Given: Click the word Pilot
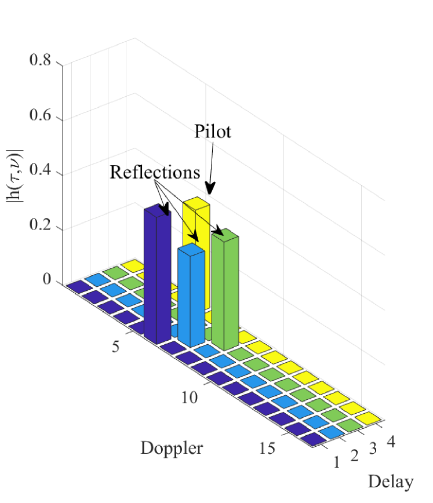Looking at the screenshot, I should click(212, 132).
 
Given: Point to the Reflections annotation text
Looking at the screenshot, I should click(155, 172).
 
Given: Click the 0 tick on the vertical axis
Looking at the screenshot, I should click(47, 282).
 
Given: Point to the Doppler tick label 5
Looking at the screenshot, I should click(115, 348).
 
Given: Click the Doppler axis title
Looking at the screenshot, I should click(171, 448).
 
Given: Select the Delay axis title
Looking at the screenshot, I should click(391, 481).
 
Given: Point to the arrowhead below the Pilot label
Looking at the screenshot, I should click(210, 189).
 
